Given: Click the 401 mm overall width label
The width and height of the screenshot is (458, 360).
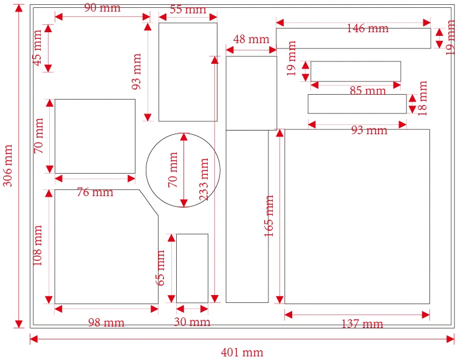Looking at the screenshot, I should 242,352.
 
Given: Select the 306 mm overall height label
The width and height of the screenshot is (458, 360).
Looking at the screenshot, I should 8,165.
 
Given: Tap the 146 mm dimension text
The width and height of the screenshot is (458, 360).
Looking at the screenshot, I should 367,28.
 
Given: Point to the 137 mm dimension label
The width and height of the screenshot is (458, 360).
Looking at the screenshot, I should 362,324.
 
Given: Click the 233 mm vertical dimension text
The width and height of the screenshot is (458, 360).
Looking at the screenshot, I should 204,180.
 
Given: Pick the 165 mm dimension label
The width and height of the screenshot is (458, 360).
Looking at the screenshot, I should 270,216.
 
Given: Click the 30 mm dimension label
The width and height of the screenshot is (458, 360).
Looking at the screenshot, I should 192,322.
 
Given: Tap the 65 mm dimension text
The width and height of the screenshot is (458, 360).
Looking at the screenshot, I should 161,268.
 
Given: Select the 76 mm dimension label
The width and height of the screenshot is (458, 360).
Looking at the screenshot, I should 95,192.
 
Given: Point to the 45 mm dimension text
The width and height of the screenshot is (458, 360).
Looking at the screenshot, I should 38,52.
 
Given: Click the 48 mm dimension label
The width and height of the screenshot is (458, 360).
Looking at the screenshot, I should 251,39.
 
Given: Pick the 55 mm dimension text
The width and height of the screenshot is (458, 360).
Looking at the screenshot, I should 188,10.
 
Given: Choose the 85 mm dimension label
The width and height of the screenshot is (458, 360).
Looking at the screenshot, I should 367,91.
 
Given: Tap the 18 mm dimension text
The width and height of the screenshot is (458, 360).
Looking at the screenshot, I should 423,98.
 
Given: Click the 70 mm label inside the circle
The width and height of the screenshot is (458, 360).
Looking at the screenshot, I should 173,169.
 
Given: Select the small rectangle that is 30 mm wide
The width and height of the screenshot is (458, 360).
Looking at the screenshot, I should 192,268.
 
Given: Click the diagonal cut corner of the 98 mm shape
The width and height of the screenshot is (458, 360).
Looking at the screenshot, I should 149,202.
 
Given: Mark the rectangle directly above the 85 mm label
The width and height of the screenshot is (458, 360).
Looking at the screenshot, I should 355,71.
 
